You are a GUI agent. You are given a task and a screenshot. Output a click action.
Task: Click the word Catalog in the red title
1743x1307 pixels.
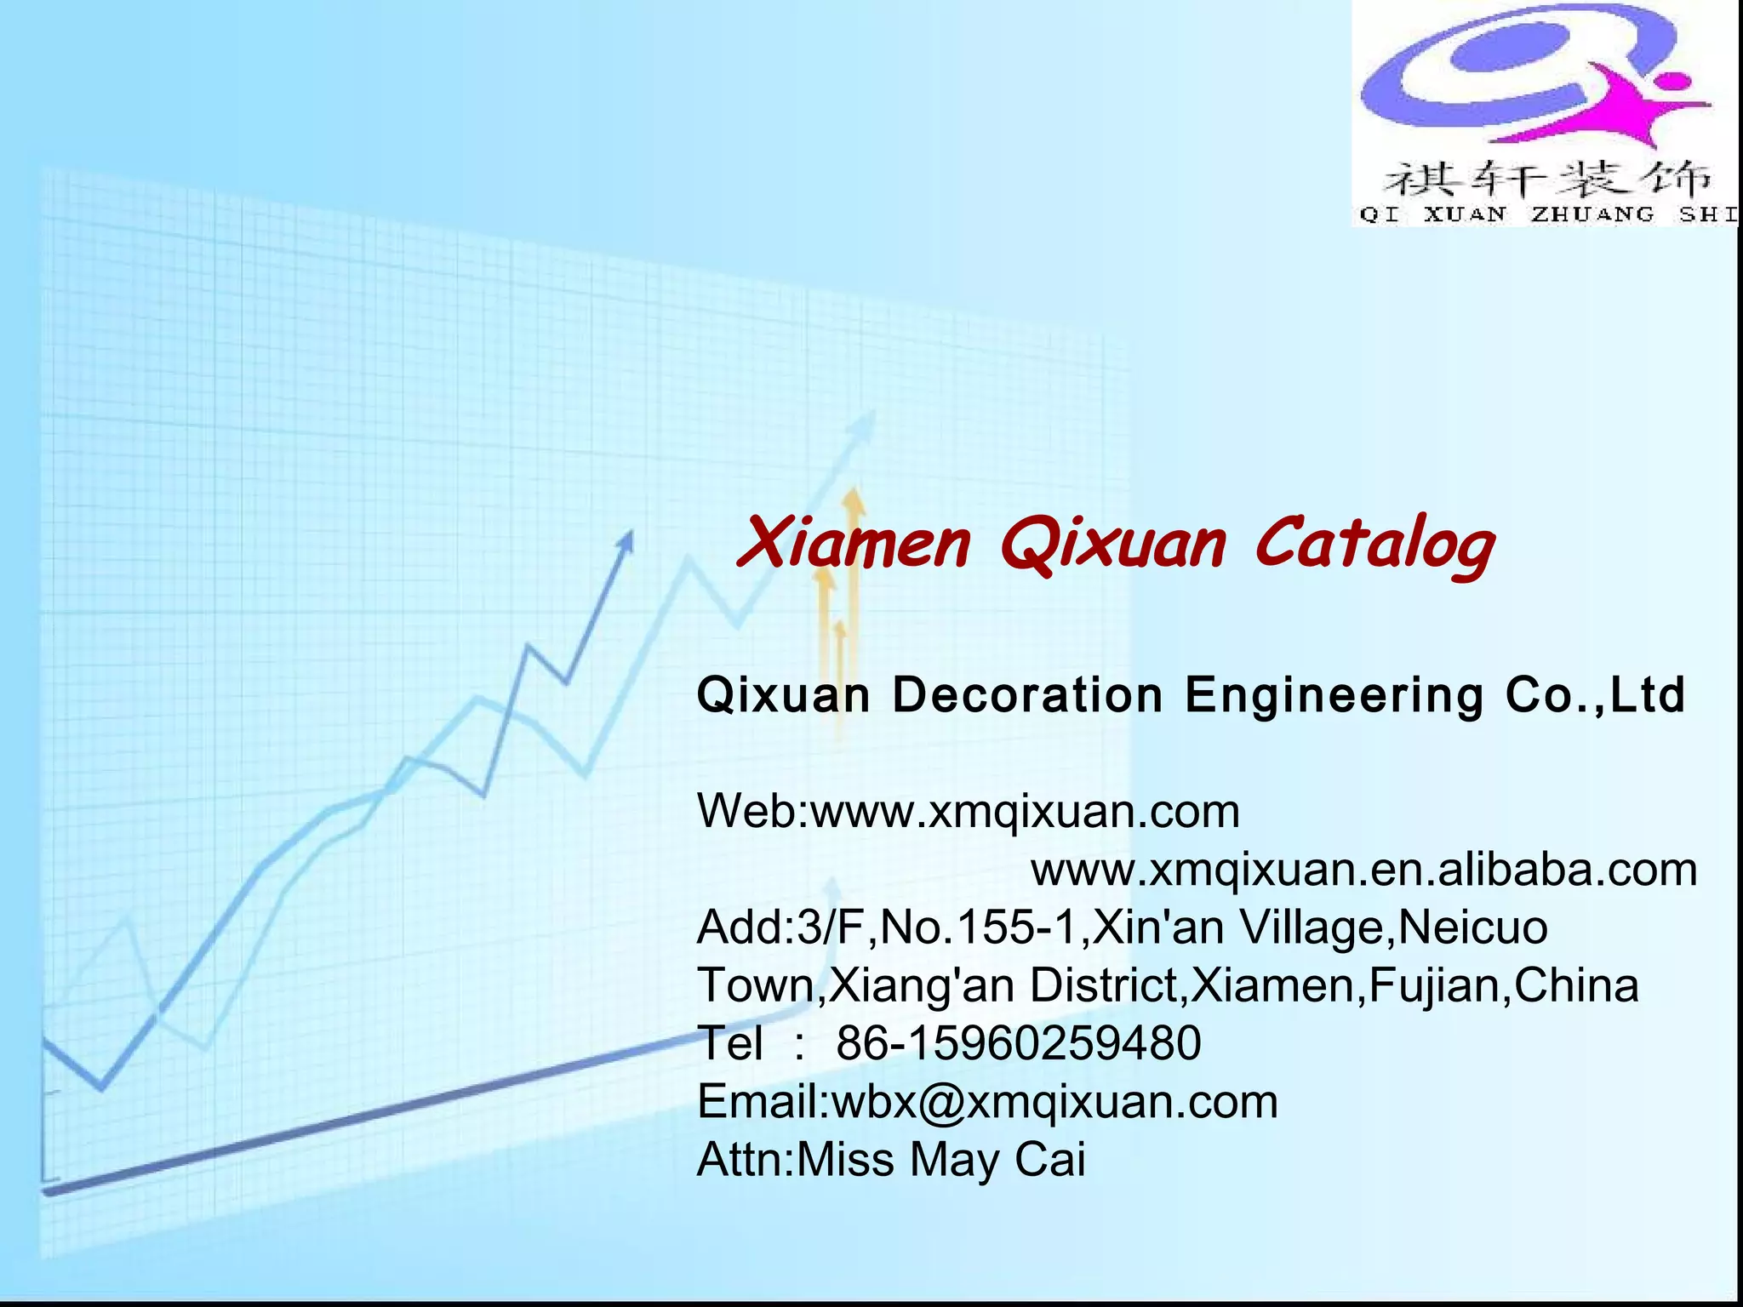1374,545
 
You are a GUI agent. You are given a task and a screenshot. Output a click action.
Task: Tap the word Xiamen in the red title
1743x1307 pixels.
854,545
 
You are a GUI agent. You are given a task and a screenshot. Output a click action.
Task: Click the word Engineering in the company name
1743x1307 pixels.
1334,695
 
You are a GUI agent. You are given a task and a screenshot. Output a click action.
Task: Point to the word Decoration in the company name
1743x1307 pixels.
1027,695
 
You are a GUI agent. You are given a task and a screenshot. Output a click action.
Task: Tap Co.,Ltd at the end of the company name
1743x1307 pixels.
1595,695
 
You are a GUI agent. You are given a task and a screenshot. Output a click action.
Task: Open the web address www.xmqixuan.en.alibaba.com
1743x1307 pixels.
1364,870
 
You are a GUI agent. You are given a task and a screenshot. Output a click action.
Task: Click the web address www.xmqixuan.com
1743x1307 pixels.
1025,811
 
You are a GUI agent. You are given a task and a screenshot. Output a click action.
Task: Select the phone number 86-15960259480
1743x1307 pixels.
1019,1043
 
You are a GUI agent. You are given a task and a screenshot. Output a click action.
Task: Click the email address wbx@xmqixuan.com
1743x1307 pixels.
1054,1102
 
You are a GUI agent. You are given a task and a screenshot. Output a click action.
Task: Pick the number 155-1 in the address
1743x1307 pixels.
1016,927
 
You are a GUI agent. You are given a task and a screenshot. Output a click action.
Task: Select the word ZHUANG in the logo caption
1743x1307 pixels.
1592,214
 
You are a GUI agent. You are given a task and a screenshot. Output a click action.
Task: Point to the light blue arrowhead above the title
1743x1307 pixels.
866,421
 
